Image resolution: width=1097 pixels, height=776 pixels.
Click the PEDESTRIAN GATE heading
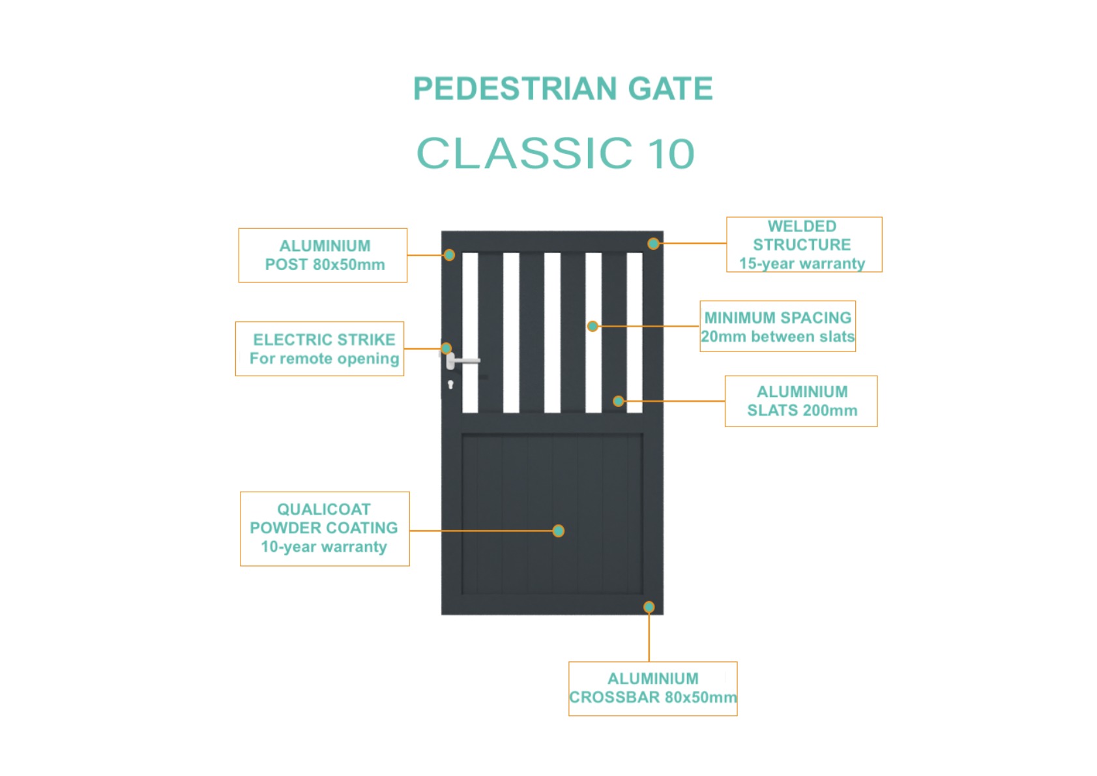563,88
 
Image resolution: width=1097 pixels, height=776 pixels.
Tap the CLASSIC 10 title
555,153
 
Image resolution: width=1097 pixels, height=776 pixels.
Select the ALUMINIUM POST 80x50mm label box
323,255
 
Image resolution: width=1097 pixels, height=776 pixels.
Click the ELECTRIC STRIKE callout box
320,349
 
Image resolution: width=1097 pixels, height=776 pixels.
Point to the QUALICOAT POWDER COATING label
325,529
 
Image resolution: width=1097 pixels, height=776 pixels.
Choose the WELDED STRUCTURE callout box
804,245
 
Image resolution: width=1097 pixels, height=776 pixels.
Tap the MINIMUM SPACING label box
778,326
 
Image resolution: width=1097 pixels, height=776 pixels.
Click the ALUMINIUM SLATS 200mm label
801,401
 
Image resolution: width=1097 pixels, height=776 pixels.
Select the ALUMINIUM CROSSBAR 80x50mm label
653,689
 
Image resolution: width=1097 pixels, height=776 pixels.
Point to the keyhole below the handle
450,385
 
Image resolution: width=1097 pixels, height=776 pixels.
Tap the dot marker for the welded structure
653,243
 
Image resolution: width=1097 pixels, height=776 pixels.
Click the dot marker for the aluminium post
449,255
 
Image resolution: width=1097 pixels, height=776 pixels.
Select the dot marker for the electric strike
446,348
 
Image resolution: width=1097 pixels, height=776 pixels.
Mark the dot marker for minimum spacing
592,326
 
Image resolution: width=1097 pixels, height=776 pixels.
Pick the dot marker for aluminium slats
618,401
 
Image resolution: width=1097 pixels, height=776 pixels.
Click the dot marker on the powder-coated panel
559,531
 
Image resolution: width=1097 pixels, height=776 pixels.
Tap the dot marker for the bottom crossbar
649,607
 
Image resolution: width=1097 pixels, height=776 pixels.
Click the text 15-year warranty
802,263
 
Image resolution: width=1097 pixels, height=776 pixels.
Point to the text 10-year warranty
324,546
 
